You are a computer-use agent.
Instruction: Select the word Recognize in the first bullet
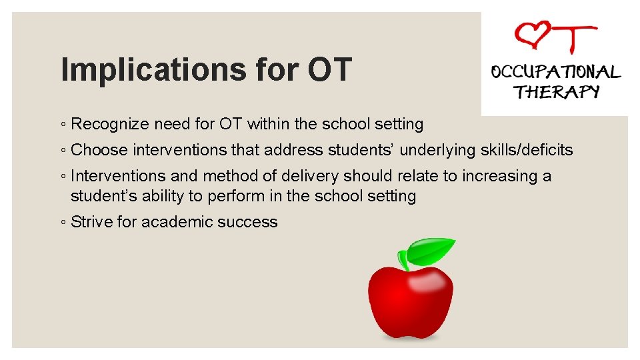[110, 124]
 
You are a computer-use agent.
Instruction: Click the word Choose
[99, 150]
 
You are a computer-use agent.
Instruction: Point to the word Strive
[91, 222]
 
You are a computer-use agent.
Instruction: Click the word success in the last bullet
[251, 222]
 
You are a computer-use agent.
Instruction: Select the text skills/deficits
[527, 150]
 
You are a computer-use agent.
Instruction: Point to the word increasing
[506, 176]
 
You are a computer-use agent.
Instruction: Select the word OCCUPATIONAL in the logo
[555, 72]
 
